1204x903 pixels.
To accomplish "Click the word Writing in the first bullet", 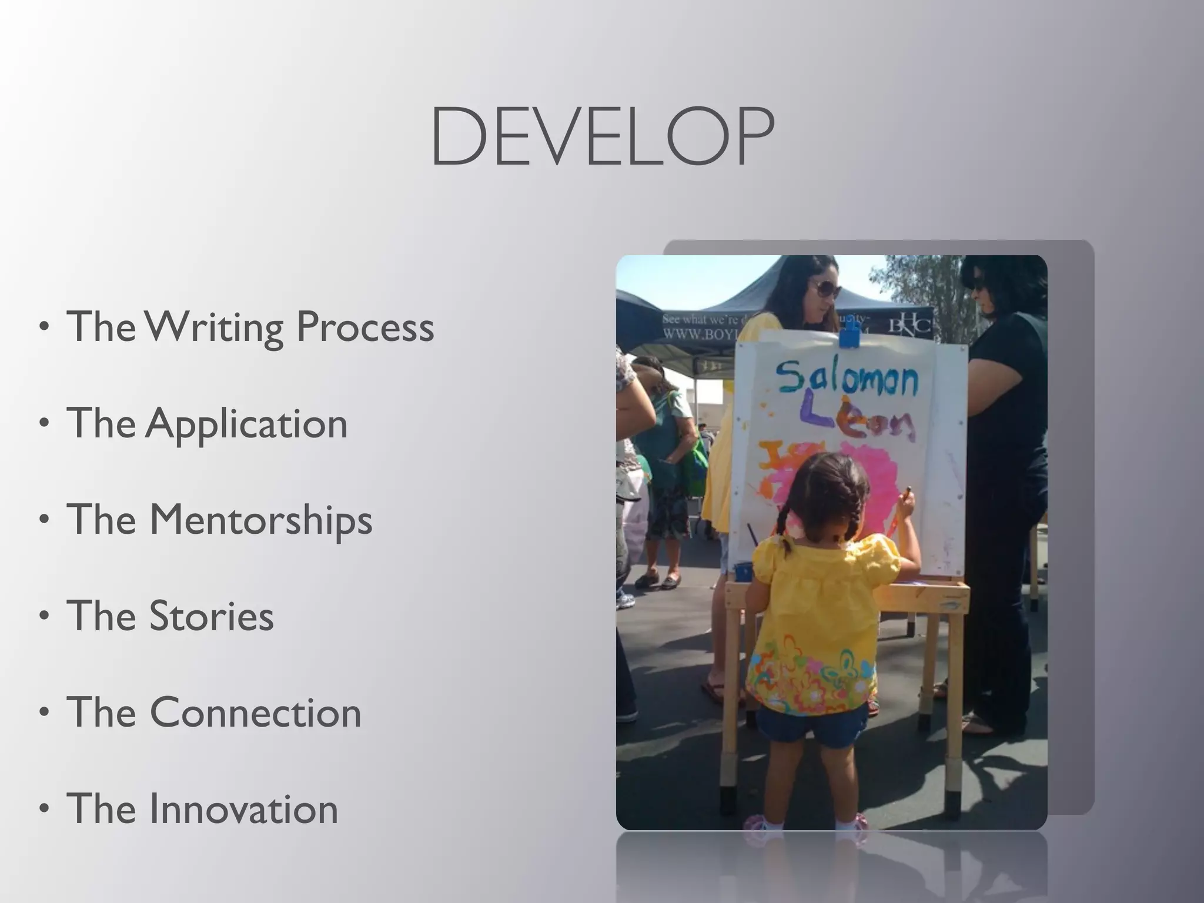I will point(215,327).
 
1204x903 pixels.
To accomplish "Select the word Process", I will point(365,327).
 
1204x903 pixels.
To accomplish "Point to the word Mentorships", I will point(261,520).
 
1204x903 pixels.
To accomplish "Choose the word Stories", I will point(212,616).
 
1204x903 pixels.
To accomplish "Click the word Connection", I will point(255,713).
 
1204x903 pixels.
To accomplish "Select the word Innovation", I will point(243,809).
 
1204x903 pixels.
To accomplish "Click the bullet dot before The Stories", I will point(44,616).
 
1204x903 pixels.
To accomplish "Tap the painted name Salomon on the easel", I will point(847,379).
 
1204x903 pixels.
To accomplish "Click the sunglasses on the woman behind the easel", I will point(826,289).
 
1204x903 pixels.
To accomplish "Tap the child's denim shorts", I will point(811,726).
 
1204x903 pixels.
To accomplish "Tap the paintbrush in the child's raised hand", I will point(899,511).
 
